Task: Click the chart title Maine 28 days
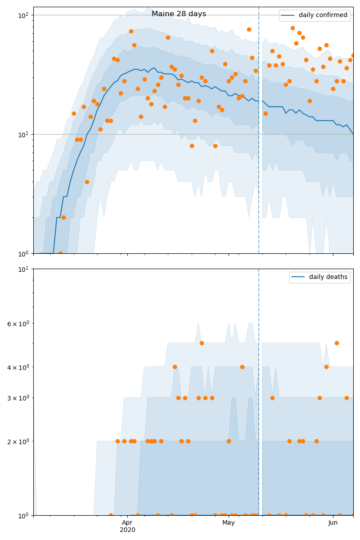(x=179, y=14)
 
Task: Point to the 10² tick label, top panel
(x=23, y=15)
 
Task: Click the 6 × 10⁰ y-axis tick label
(x=17, y=324)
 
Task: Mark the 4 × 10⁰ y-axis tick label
(x=17, y=367)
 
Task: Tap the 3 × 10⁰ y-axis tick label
(x=17, y=398)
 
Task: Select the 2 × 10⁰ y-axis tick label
(x=17, y=441)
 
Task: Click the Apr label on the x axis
(x=127, y=523)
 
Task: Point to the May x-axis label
(x=229, y=523)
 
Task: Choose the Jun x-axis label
(x=333, y=523)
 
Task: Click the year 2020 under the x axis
(x=127, y=530)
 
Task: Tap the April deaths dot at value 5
(x=202, y=343)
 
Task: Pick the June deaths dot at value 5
(x=337, y=343)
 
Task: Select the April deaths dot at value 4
(x=175, y=367)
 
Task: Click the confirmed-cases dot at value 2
(x=63, y=217)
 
